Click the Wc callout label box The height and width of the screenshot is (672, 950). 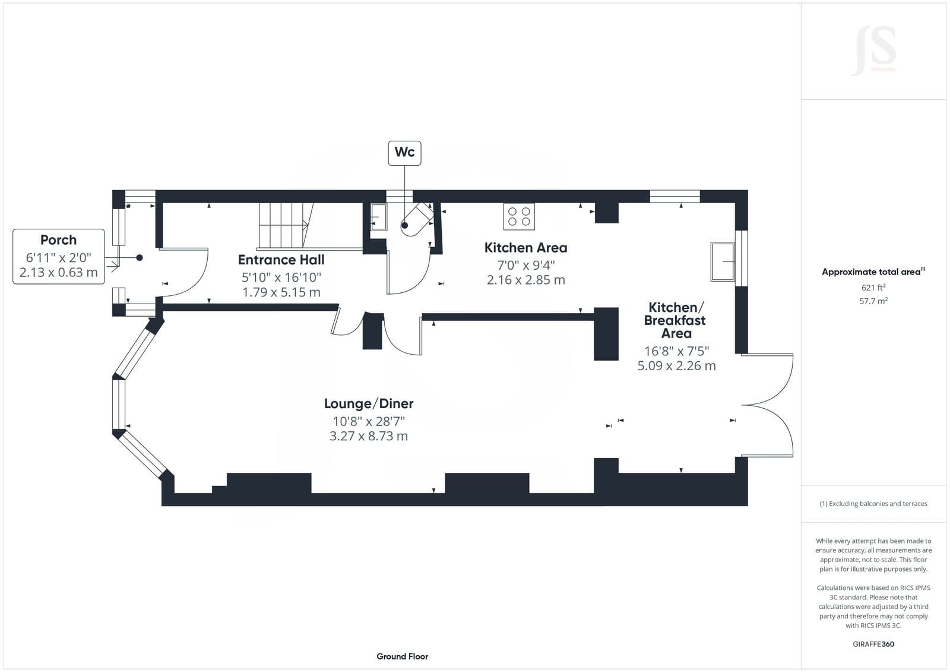click(404, 153)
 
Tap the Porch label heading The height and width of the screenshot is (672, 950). click(59, 240)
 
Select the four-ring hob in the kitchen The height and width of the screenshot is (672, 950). click(519, 216)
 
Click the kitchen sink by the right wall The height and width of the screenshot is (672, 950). click(723, 261)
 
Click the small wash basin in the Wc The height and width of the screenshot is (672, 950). click(379, 217)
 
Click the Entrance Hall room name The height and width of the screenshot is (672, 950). click(281, 260)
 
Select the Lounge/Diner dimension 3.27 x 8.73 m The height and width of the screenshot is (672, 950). click(369, 436)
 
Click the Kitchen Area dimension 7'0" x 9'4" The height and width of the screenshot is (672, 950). click(526, 266)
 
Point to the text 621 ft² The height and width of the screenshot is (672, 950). click(873, 288)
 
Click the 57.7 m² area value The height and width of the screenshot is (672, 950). click(873, 301)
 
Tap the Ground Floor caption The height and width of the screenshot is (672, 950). click(403, 657)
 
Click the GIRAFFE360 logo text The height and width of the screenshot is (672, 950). click(873, 644)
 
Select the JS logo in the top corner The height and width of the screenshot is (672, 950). click(873, 51)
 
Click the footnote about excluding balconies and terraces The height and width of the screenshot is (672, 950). click(873, 503)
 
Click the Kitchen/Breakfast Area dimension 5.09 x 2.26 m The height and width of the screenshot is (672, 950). click(676, 366)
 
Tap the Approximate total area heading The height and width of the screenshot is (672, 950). click(873, 272)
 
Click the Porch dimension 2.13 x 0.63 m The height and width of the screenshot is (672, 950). click(59, 272)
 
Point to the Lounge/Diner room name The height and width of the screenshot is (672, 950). click(369, 403)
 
